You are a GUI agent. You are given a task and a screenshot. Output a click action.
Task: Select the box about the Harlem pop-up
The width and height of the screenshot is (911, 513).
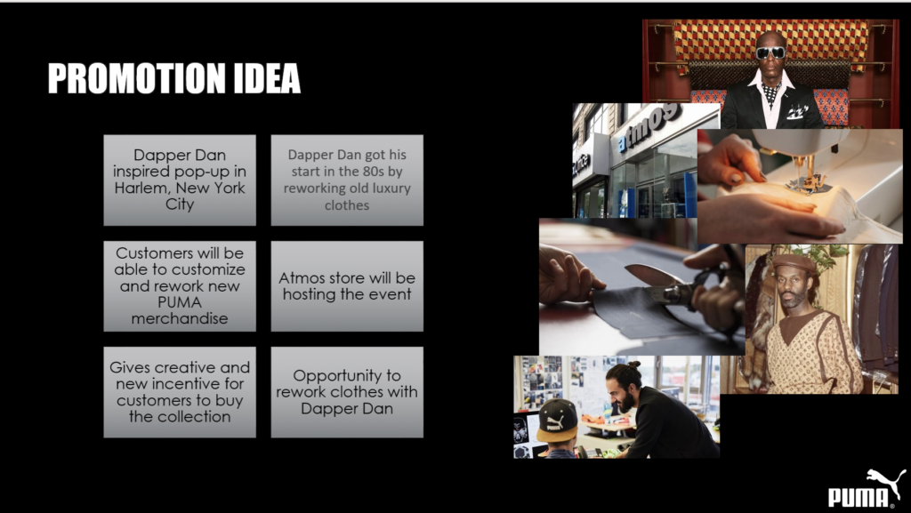tap(180, 180)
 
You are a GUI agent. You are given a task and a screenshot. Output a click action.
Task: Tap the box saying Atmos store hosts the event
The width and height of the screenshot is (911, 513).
tap(347, 286)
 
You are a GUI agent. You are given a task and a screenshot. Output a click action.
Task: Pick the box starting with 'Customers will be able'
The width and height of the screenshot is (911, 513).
tap(180, 286)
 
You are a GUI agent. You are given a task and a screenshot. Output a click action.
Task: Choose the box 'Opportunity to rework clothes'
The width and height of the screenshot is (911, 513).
tap(347, 392)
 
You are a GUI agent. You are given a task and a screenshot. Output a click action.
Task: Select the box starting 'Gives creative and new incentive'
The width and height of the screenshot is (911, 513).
tap(180, 392)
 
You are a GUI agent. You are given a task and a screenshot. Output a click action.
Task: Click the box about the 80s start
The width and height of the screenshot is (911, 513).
tap(347, 180)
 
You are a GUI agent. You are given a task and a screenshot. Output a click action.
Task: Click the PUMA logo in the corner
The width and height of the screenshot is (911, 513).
tap(867, 489)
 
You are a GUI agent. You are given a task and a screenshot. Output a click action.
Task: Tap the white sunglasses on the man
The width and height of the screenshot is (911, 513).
tap(770, 52)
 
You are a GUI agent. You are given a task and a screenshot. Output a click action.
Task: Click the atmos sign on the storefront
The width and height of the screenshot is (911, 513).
tap(649, 128)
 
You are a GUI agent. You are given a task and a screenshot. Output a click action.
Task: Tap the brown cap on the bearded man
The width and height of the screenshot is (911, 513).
tap(794, 263)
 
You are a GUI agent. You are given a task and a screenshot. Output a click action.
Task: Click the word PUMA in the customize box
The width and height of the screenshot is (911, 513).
tap(180, 302)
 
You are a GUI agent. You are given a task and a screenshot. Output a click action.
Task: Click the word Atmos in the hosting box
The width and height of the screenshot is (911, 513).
tap(302, 278)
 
